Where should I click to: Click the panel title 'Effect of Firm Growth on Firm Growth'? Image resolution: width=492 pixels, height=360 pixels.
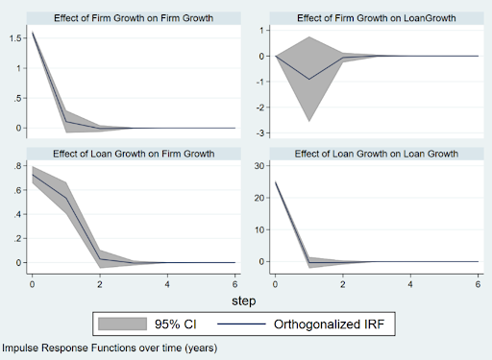(134, 18)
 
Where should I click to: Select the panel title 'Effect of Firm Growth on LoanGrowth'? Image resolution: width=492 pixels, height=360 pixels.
(377, 18)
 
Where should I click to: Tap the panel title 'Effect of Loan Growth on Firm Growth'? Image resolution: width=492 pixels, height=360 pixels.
(134, 154)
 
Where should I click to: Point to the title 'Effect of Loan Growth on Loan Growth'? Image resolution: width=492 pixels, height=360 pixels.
(377, 154)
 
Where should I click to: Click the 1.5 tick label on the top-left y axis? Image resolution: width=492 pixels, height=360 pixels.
(15, 38)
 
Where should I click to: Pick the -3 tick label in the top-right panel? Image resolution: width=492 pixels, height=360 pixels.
(260, 133)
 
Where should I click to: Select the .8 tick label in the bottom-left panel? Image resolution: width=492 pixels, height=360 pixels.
(17, 166)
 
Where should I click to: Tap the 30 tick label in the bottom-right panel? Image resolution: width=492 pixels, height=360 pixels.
(259, 166)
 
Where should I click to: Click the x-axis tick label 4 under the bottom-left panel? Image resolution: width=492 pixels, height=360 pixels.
(167, 284)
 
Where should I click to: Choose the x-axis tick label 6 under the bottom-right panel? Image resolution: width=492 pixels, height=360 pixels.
(478, 284)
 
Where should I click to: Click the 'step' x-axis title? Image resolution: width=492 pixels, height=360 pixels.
(244, 301)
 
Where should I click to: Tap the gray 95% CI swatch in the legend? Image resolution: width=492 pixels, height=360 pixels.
(122, 324)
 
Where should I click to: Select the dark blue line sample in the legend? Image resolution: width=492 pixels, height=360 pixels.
(241, 324)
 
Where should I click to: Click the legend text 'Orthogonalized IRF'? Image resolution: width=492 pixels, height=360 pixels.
(329, 324)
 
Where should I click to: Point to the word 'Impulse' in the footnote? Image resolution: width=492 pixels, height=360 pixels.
(19, 348)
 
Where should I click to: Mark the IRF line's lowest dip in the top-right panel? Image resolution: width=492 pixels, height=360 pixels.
(309, 80)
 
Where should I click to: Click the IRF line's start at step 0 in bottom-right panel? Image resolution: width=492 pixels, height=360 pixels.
(276, 181)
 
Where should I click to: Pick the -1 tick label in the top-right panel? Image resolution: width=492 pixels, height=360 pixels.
(260, 82)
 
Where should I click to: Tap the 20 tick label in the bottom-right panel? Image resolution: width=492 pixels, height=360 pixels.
(259, 198)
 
